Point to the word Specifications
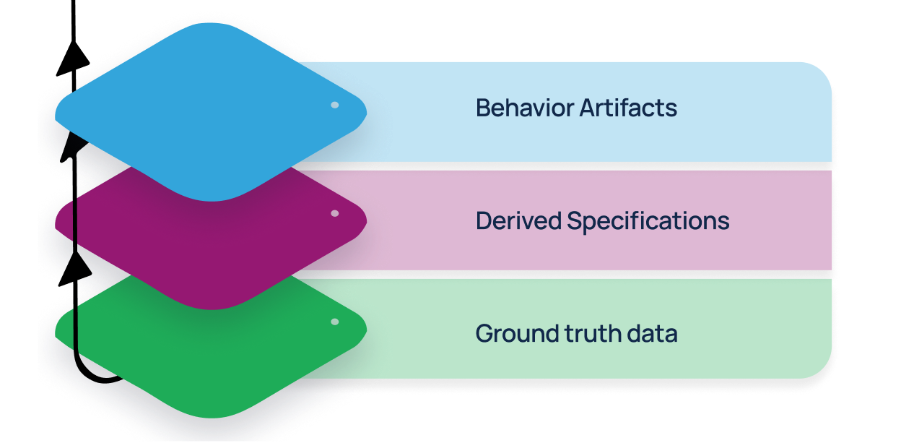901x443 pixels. coord(648,222)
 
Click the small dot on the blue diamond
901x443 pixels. coord(335,106)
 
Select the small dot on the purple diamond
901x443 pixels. coord(335,214)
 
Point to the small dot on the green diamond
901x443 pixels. coord(335,322)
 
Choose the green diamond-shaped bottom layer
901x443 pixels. coord(209,361)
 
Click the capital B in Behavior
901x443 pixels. coord(483,108)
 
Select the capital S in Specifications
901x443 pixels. coord(575,221)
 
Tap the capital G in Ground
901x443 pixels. coord(485,334)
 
